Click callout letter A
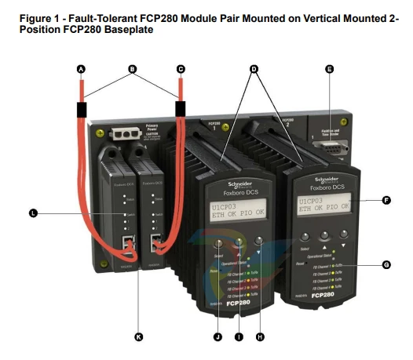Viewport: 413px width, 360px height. point(80,69)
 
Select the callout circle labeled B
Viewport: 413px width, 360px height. point(132,69)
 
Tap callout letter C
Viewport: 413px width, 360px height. point(181,69)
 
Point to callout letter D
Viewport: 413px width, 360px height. point(253,69)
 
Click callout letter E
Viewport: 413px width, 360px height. point(329,69)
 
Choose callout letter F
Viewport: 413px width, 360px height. point(386,201)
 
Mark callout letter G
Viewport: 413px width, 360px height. point(386,265)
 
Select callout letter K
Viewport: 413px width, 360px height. point(139,337)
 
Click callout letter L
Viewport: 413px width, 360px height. point(32,213)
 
